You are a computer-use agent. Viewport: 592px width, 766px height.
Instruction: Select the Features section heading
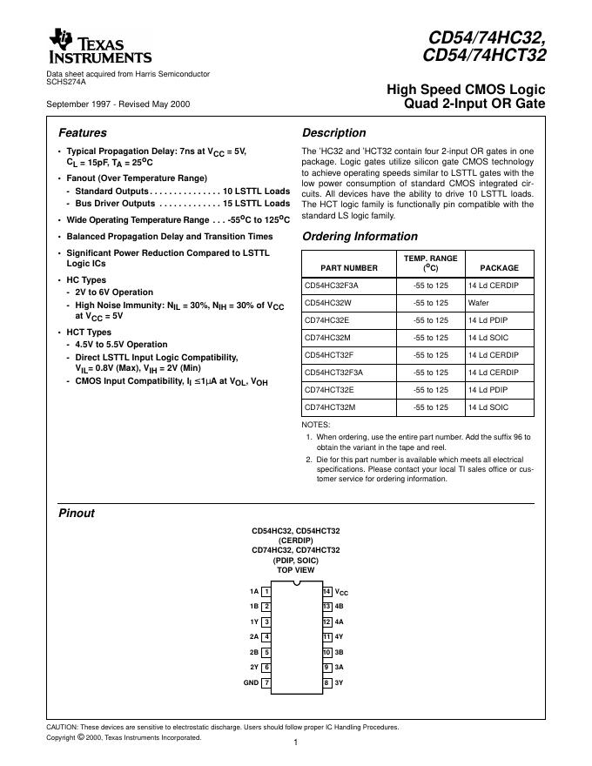pyautogui.click(x=82, y=133)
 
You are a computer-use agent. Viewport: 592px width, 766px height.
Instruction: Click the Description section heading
pyautogui.click(x=333, y=133)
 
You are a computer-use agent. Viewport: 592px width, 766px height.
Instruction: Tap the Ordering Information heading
pyautogui.click(x=360, y=237)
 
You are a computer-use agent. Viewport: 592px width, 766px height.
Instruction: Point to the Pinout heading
pyautogui.click(x=76, y=513)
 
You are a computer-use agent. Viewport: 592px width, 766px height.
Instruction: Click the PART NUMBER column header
pyautogui.click(x=349, y=268)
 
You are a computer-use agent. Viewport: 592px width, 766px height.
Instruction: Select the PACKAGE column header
pyautogui.click(x=499, y=268)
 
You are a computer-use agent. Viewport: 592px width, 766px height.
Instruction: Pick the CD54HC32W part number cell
pyautogui.click(x=331, y=303)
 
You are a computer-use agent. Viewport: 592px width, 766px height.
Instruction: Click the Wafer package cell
pyautogui.click(x=478, y=303)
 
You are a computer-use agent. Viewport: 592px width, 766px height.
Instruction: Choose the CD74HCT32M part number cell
pyautogui.click(x=333, y=407)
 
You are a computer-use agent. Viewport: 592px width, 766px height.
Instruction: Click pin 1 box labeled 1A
pyautogui.click(x=266, y=591)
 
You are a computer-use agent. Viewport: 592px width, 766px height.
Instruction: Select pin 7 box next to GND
pyautogui.click(x=266, y=682)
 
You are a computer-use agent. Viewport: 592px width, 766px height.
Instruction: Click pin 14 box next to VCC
pyautogui.click(x=327, y=591)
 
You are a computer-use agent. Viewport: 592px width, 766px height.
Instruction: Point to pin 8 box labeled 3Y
pyautogui.click(x=327, y=682)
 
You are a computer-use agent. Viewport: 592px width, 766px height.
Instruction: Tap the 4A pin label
pyautogui.click(x=340, y=622)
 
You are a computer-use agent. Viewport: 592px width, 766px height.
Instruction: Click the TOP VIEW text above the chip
pyautogui.click(x=296, y=569)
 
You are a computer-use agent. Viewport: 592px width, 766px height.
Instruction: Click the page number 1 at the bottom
pyautogui.click(x=296, y=742)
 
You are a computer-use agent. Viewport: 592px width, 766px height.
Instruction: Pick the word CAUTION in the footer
pyautogui.click(x=63, y=726)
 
